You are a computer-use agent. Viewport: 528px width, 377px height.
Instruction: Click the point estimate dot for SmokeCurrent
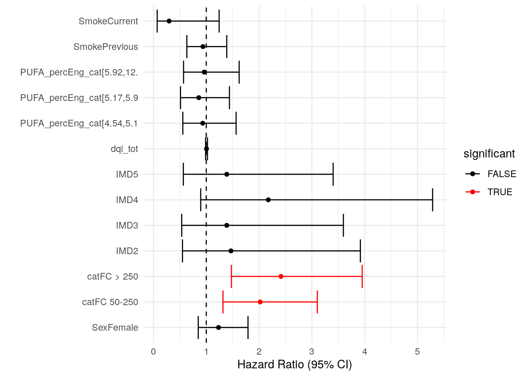point(169,21)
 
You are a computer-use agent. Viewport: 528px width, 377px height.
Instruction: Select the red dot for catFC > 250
point(281,276)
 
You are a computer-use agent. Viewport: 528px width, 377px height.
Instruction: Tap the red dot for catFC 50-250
point(260,302)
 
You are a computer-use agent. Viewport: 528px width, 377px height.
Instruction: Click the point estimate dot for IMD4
point(268,200)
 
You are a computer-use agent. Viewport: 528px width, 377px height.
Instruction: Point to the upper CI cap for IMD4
point(433,200)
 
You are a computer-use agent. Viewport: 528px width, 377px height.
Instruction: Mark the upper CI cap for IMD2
point(360,251)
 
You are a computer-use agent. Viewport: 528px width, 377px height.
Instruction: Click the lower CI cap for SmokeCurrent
point(157,21)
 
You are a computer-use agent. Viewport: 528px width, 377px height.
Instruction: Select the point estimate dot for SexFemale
point(218,328)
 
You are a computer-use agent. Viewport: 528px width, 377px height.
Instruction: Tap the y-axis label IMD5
point(127,174)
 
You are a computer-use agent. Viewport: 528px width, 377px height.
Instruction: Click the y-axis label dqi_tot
point(124,149)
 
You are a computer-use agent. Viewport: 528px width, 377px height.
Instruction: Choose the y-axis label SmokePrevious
point(106,47)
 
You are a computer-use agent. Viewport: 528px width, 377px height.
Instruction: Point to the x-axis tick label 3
point(312,351)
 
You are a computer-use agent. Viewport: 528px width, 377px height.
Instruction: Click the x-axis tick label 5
point(418,351)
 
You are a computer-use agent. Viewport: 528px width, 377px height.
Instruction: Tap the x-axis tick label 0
point(153,351)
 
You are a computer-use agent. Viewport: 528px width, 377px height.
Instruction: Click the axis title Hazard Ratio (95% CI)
point(295,365)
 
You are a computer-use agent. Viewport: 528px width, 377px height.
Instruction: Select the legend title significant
point(489,154)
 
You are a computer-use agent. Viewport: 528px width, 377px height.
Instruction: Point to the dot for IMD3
point(227,225)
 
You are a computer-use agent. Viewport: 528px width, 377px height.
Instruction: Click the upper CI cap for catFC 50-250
point(317,302)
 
